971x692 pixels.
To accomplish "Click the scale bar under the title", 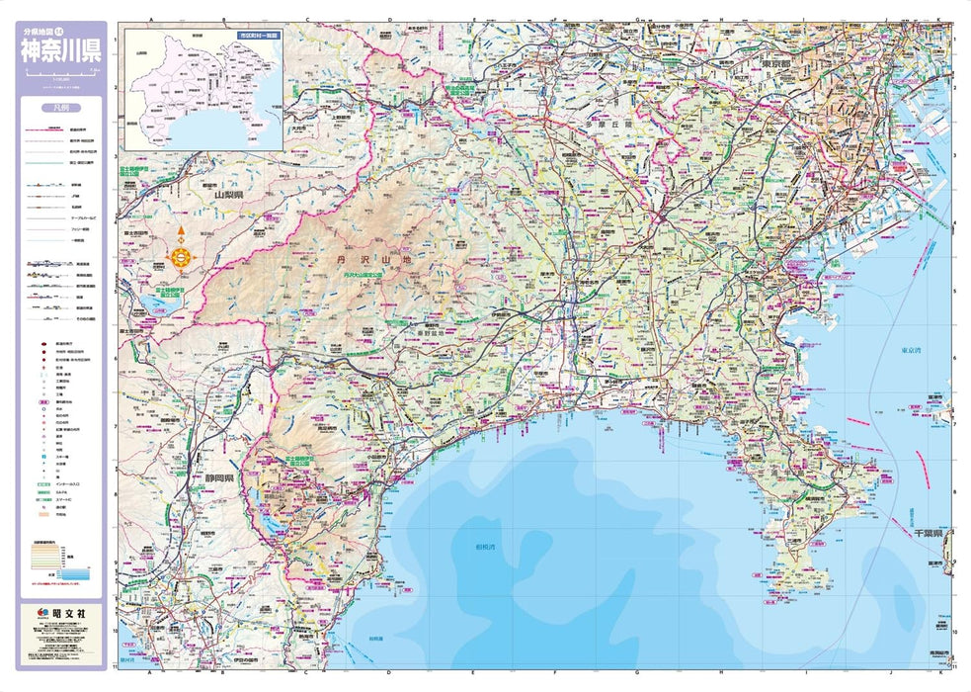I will [x=61, y=74].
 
